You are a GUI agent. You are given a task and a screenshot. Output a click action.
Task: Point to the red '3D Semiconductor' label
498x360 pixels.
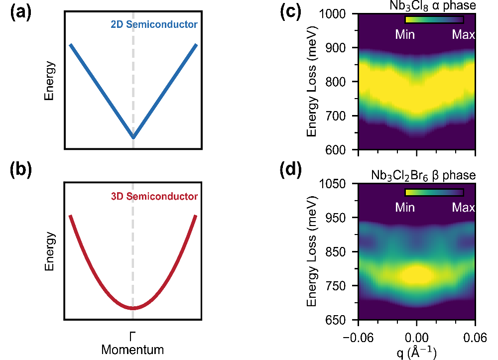(x=161, y=196)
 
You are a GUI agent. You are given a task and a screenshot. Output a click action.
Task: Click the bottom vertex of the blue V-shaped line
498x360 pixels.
(x=133, y=138)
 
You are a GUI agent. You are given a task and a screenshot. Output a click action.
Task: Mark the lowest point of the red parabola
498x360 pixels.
(x=133, y=308)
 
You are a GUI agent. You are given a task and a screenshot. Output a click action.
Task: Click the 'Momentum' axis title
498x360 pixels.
(x=132, y=350)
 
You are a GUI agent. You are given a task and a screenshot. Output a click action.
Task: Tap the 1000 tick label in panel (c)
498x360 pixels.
(x=340, y=14)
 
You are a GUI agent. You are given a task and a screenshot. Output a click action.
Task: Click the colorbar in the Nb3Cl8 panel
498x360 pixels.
(x=434, y=20)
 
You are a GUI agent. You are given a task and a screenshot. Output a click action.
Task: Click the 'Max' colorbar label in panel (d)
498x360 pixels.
(x=463, y=207)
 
